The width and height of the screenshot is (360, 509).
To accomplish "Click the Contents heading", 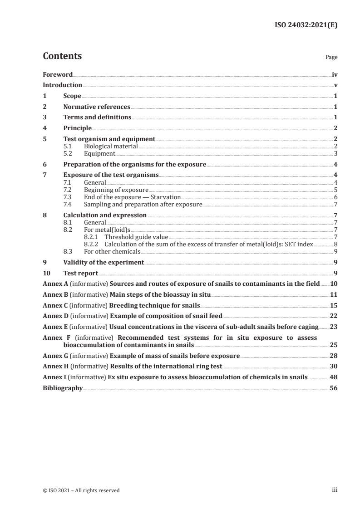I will click(x=62, y=57).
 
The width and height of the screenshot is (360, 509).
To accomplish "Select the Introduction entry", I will click(x=62, y=85).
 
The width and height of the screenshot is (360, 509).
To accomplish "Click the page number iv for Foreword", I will click(x=335, y=74).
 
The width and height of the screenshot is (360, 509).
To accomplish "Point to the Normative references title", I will click(x=97, y=107).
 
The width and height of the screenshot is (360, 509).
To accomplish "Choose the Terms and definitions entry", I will click(x=97, y=117).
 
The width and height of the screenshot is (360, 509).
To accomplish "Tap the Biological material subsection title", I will click(x=111, y=146).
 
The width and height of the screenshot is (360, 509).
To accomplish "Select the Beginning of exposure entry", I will click(x=116, y=190).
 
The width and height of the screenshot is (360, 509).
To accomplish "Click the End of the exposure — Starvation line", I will click(x=133, y=197).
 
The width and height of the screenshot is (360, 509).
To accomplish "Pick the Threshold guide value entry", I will click(x=136, y=237).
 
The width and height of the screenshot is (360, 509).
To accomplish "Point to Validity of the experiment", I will click(x=104, y=262).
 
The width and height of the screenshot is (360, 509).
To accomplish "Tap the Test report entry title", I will click(x=80, y=273).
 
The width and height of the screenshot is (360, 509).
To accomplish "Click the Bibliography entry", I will click(x=63, y=388).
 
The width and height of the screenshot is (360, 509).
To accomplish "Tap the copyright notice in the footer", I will click(x=81, y=490).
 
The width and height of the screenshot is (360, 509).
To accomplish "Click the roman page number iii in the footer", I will click(x=335, y=490).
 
